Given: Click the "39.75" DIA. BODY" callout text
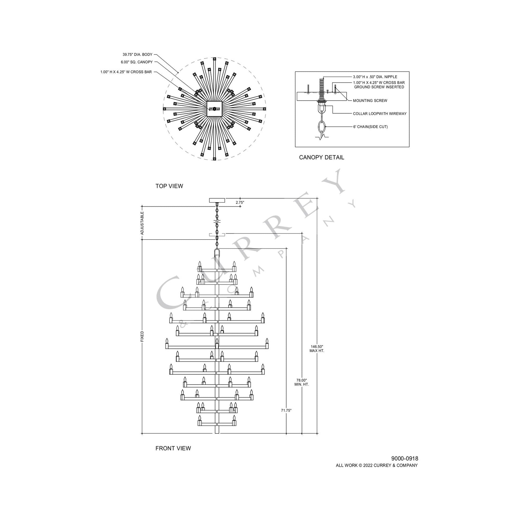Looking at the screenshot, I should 137,55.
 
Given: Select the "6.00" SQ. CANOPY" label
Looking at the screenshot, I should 137,62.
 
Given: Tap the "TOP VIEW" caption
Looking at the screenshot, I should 169,186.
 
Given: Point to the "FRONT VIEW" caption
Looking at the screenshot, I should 173,448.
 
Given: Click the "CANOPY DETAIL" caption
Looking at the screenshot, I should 321,157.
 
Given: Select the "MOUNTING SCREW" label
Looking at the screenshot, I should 370,101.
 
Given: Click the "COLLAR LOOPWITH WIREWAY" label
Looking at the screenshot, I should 379,114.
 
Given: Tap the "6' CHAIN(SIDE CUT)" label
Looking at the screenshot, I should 370,127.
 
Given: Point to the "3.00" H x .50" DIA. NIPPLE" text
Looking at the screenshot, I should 375,77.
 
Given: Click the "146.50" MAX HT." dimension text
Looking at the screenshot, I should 317,348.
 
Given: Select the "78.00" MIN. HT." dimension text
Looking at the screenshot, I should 301,382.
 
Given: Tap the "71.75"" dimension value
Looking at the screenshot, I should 286,410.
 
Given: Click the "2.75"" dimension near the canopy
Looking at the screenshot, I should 240,202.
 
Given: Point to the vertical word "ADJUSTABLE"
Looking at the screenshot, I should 142,223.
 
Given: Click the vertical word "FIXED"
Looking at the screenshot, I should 142,336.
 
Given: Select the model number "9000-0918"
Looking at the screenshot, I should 405,458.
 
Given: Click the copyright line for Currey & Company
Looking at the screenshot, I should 377,465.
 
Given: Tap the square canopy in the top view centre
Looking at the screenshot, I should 214,109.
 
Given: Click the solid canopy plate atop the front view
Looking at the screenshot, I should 217,200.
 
